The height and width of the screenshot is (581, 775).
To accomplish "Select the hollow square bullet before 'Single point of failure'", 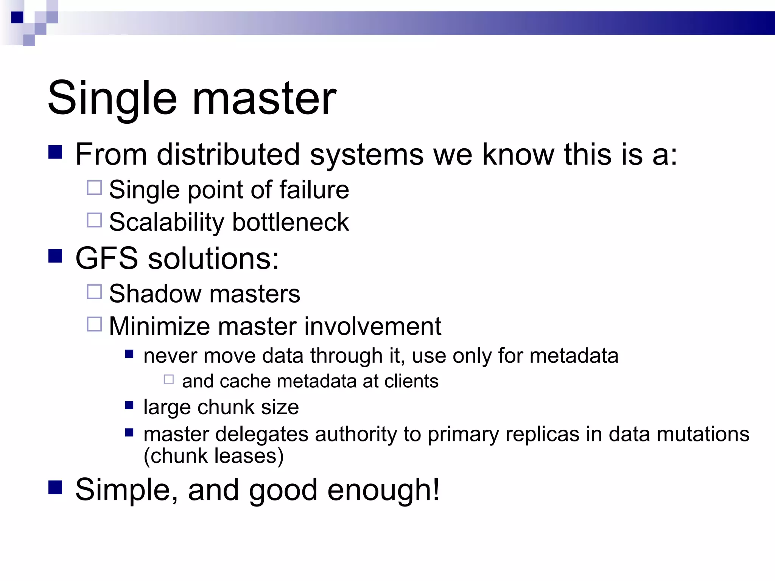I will [x=94, y=188].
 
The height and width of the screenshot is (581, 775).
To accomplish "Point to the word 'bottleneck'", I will [x=290, y=222].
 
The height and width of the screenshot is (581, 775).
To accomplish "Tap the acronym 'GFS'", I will [x=107, y=258].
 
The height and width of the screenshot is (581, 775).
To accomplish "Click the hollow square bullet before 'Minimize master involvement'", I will [x=94, y=324].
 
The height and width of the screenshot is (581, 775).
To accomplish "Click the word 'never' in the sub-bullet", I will [x=170, y=356].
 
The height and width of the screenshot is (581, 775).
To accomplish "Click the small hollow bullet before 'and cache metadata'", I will [x=169, y=379].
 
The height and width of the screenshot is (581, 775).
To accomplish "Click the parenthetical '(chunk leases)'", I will [x=213, y=456].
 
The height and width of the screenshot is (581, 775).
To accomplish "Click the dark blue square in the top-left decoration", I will [x=17, y=17].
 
